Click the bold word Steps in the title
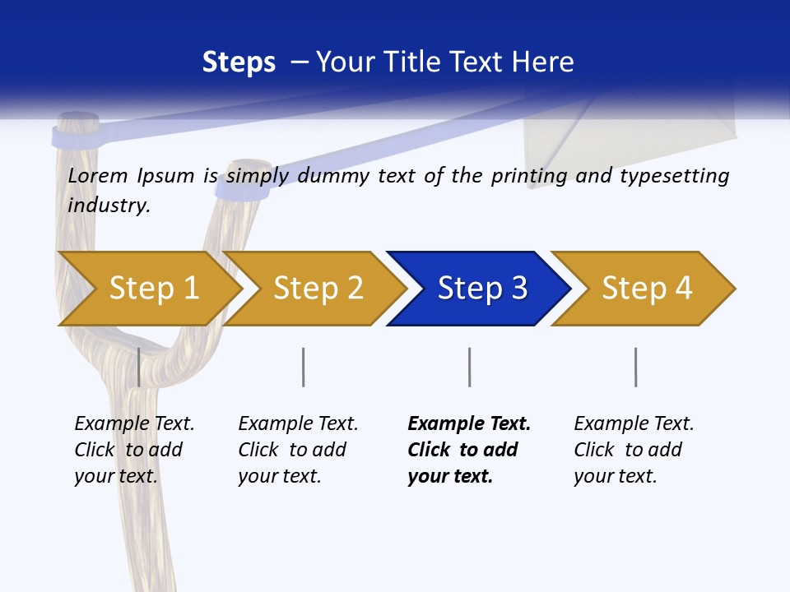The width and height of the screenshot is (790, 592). pyautogui.click(x=239, y=62)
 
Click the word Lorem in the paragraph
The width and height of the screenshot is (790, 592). pyautogui.click(x=97, y=176)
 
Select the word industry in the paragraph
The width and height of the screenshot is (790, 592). pyautogui.click(x=109, y=206)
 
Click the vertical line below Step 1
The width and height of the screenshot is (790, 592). pyautogui.click(x=138, y=367)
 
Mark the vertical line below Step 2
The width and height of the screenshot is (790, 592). pyautogui.click(x=304, y=367)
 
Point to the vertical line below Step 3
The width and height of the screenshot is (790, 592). pyautogui.click(x=469, y=367)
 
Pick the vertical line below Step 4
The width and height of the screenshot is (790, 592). pyautogui.click(x=635, y=367)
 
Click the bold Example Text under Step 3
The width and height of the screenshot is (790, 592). pyautogui.click(x=469, y=424)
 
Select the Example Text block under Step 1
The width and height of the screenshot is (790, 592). pyautogui.click(x=133, y=450)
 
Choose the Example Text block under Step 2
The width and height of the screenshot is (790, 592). pyautogui.click(x=297, y=450)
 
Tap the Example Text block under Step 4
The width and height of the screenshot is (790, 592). pyautogui.click(x=633, y=450)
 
